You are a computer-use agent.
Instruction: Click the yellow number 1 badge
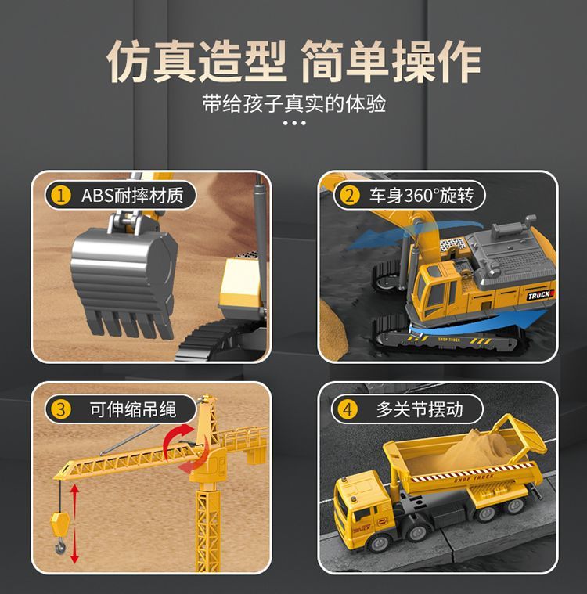61,196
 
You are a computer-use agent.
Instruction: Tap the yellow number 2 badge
349,196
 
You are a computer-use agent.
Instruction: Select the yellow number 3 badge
61,409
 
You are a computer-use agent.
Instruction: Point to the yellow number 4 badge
348,409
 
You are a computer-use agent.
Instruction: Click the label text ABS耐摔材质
132,196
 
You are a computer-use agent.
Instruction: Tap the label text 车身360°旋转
421,196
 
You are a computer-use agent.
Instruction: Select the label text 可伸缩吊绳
133,409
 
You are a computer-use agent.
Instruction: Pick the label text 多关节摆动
420,409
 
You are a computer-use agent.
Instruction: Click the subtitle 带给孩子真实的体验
294,103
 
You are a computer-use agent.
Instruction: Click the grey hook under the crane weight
60,546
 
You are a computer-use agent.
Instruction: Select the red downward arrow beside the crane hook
74,545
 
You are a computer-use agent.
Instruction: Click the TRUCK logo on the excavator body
540,295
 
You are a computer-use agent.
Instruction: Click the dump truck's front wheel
380,544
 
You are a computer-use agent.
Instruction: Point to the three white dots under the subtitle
294,123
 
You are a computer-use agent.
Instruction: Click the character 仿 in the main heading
129,61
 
